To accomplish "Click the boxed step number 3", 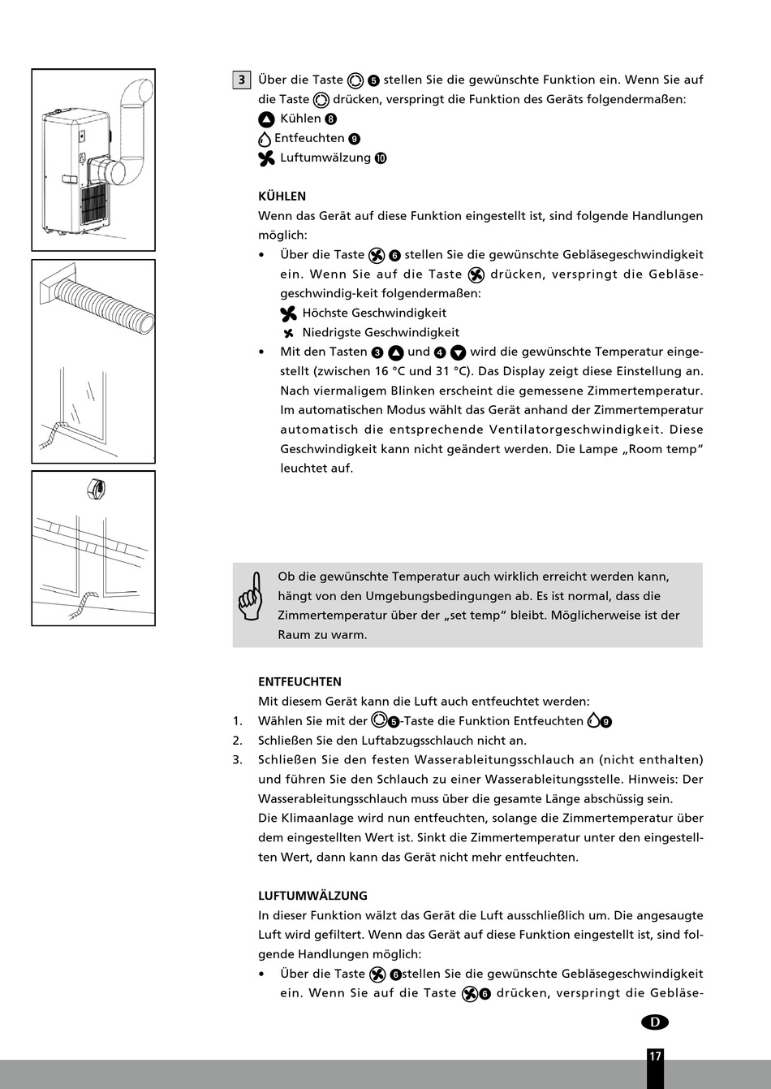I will coord(241,80).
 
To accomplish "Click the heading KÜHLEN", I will coord(282,197).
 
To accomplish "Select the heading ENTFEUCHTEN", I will coord(299,682).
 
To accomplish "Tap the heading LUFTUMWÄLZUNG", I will coord(312,896).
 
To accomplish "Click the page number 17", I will coord(655,1057).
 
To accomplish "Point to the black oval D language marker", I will coord(654,1022).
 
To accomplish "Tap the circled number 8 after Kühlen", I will coord(330,119).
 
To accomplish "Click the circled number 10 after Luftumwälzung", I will coord(381,158).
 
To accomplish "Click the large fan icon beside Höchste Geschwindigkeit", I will coord(289,313).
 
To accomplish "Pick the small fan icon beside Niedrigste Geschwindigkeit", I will coord(288,333).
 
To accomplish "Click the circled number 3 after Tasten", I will coord(377,352).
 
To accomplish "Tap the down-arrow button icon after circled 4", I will coord(458,352).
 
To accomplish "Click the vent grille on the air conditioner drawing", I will coord(95,203).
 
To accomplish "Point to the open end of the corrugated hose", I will coord(145,322).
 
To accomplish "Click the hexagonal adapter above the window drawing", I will coord(96,490).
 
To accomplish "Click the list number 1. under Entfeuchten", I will coord(237,721).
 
